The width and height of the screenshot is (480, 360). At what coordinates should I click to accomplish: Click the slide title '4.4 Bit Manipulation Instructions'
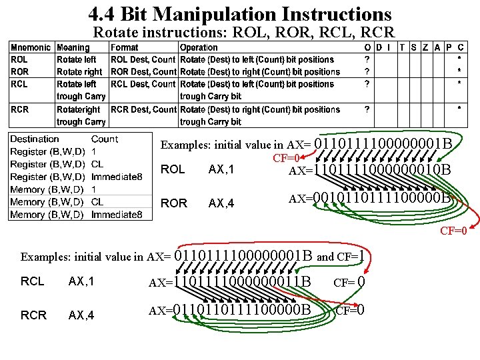point(239,14)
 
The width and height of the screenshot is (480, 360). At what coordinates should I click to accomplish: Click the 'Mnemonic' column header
point(30,47)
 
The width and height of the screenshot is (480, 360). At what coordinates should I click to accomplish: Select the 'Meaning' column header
point(73,47)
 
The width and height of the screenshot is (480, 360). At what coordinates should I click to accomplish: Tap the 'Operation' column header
point(199,47)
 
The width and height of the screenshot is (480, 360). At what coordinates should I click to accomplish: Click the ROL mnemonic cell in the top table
point(20,59)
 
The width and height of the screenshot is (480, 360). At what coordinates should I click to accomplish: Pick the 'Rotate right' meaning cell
point(79,72)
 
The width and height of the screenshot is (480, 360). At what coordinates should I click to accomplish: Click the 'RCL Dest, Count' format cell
point(143,84)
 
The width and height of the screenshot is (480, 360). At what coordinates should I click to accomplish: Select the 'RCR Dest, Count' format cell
point(143,109)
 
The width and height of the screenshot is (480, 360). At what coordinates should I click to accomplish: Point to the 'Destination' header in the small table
point(35,139)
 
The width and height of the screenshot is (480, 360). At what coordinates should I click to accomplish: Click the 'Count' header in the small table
point(105,139)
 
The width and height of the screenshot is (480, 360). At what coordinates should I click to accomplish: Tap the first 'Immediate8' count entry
point(117,177)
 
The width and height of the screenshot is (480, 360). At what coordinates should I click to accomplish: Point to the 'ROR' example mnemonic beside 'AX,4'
point(174,203)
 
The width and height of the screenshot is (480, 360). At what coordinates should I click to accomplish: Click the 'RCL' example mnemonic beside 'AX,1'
point(33,281)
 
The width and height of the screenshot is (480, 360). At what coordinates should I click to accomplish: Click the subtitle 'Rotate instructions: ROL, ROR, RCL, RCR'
point(243,32)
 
